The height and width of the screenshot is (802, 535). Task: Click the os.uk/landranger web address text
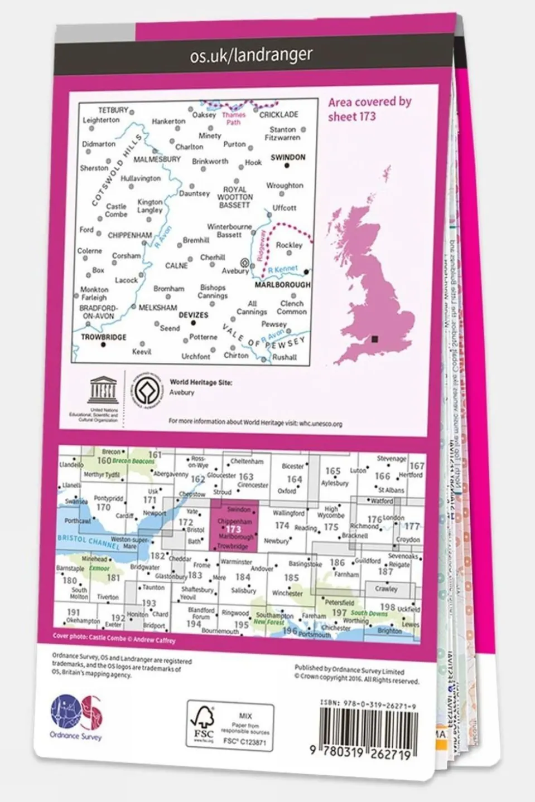251,55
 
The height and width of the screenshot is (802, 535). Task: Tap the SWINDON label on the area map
288,157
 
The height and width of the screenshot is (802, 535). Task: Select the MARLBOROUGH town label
282,284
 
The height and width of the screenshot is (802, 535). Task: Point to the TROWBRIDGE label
103,337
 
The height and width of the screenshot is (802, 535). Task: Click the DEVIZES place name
193,315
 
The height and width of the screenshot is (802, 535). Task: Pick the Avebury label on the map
235,271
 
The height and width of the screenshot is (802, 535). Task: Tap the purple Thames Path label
233,119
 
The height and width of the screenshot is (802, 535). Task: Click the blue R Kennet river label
282,270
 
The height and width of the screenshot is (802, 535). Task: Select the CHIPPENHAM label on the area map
129,235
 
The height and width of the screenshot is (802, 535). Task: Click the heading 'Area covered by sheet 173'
369,109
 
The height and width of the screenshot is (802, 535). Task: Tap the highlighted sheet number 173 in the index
233,529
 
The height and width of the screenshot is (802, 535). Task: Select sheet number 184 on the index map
242,577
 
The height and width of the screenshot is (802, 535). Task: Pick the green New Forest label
268,622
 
